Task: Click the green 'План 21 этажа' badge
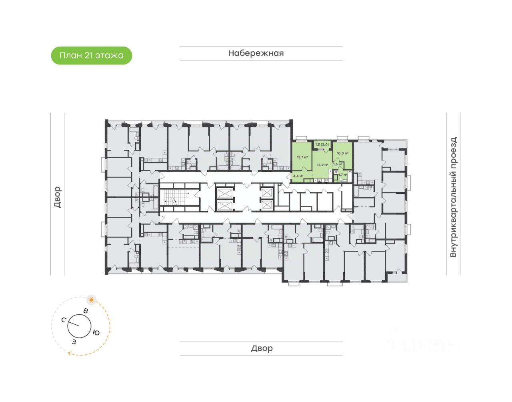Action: pyautogui.click(x=92, y=56)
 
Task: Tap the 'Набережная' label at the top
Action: pyautogui.click(x=256, y=53)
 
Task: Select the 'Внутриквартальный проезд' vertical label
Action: pyautogui.click(x=453, y=197)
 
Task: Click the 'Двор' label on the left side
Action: pyautogui.click(x=57, y=197)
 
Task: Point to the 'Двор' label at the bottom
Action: pyautogui.click(x=262, y=348)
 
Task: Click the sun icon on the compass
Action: pyautogui.click(x=92, y=299)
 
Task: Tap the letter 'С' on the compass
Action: pyautogui.click(x=64, y=320)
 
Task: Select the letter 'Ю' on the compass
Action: pyautogui.click(x=96, y=332)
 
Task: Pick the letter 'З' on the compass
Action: pyautogui.click(x=74, y=342)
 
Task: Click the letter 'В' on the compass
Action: pyautogui.click(x=85, y=311)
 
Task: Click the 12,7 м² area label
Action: pyautogui.click(x=302, y=157)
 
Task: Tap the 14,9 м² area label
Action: pyautogui.click(x=322, y=165)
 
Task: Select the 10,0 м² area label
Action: pyautogui.click(x=342, y=153)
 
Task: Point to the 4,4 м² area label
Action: pyautogui.click(x=298, y=176)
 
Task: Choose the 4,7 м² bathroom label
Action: pyautogui.click(x=342, y=175)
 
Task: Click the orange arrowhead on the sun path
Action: pyautogui.click(x=70, y=353)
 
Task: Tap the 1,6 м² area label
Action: pyautogui.click(x=338, y=164)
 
